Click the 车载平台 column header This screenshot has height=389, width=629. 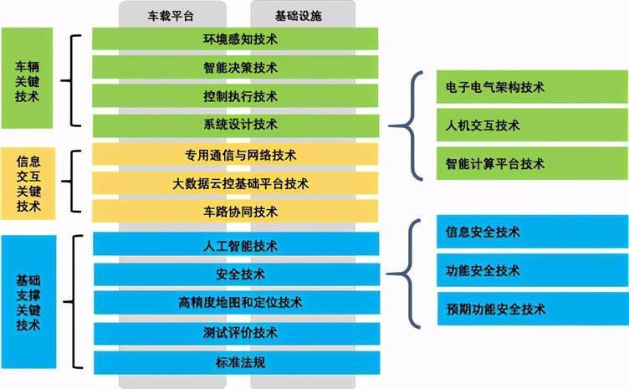171,16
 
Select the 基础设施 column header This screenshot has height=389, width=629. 299,16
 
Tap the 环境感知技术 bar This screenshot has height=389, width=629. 235,38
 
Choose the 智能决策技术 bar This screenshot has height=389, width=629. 235,68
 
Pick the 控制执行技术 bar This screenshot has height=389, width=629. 235,96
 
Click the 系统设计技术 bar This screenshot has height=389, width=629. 236,125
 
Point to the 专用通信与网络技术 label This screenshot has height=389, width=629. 241,156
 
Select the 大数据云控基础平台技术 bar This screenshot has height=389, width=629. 235,183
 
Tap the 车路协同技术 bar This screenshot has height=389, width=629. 235,212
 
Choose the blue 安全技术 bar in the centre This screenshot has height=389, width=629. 237,274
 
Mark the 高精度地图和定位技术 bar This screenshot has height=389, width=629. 237,302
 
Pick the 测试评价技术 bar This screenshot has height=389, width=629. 237,333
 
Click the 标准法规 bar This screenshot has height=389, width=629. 237,363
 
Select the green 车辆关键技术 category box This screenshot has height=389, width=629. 27,78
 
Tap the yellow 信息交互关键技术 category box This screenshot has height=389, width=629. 28,184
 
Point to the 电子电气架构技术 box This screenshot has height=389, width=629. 532,87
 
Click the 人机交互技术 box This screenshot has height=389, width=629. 532,125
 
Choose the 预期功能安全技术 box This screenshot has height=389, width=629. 533,309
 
